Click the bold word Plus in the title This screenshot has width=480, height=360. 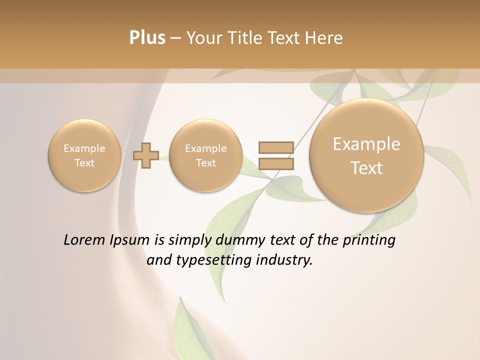click(x=147, y=38)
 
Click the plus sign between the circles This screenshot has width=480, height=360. click(x=145, y=155)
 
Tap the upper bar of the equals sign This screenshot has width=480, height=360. click(x=275, y=147)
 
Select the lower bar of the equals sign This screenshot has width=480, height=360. click(x=275, y=163)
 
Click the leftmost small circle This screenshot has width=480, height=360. click(x=84, y=155)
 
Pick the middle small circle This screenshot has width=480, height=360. click(x=206, y=155)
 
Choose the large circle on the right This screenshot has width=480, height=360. click(x=366, y=155)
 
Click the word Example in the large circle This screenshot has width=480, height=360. click(x=366, y=144)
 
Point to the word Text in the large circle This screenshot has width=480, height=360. click(x=366, y=168)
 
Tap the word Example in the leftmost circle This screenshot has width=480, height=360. click(x=84, y=148)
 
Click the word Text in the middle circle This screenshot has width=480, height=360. click(x=206, y=163)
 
